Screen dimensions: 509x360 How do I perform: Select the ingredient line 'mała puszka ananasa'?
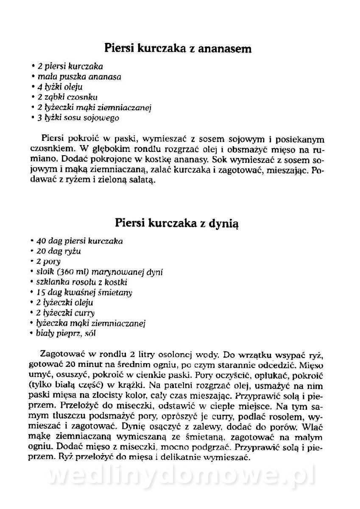click(78, 77)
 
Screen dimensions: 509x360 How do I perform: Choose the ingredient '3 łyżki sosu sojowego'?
click(78, 117)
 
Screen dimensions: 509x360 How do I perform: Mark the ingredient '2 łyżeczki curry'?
click(65, 313)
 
